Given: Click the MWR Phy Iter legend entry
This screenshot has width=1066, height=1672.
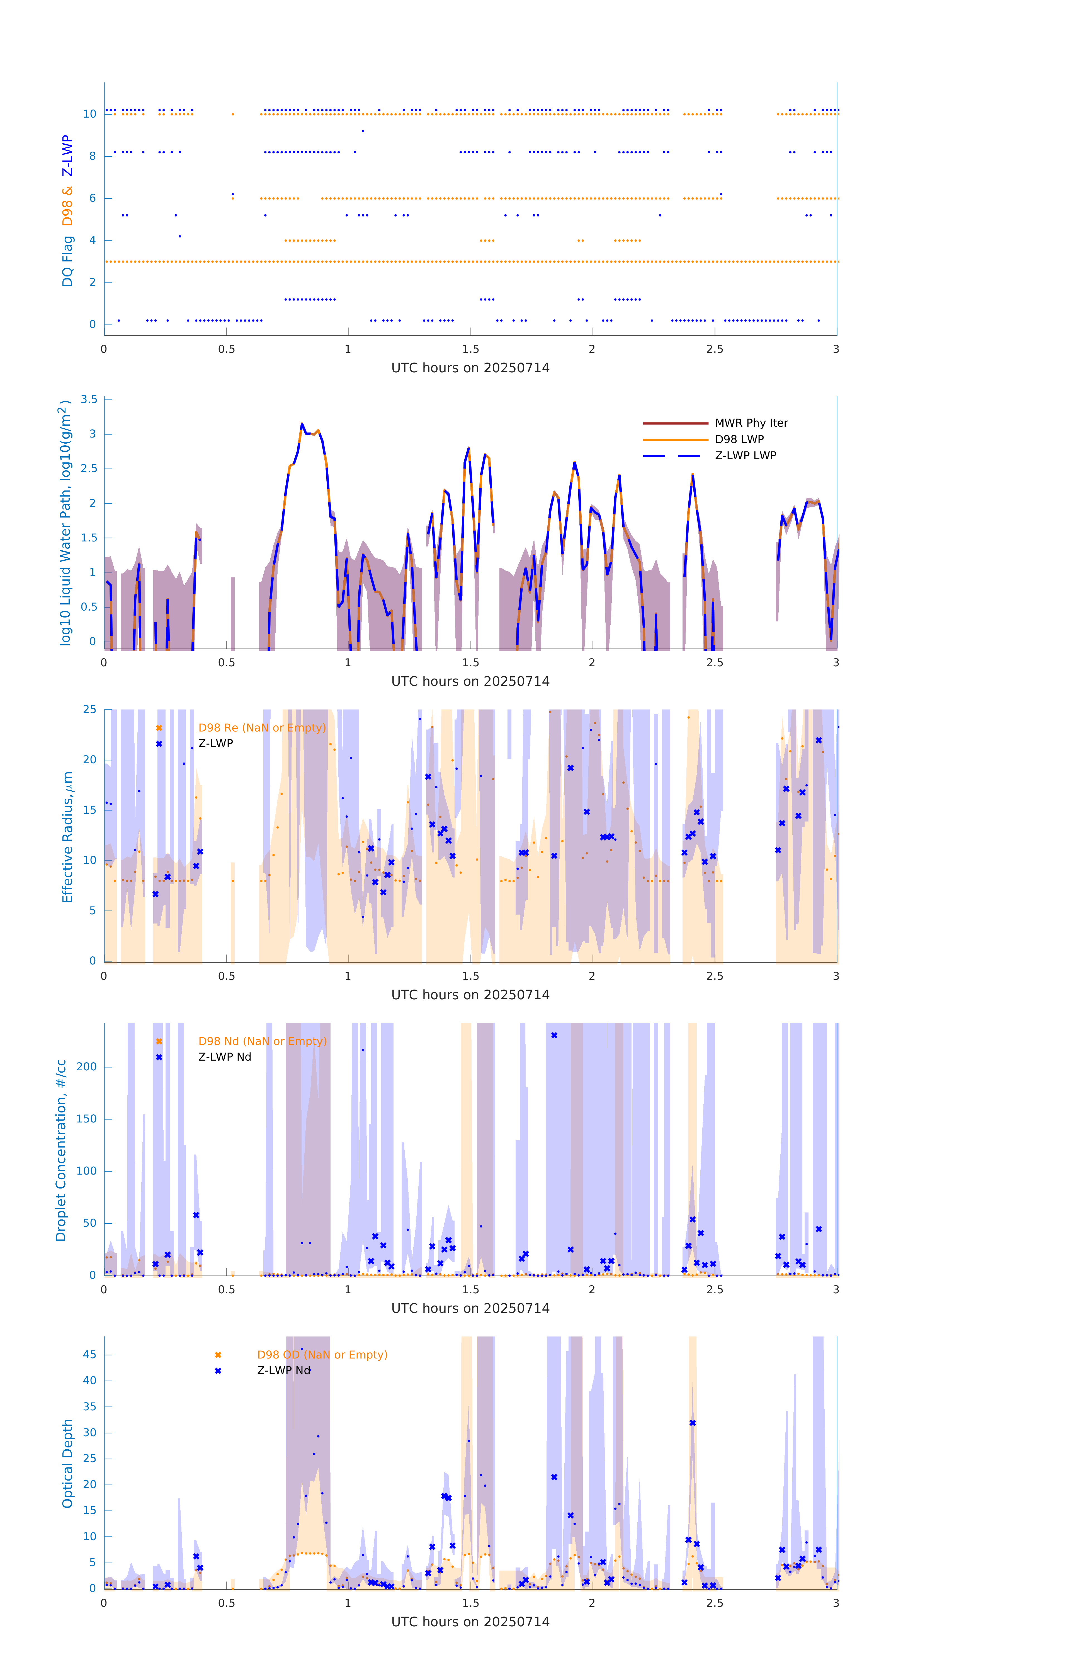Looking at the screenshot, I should [x=751, y=423].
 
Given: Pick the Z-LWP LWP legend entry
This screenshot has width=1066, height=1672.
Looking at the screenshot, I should [x=745, y=456].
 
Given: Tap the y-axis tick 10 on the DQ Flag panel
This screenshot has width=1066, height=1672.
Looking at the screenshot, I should [x=89, y=114].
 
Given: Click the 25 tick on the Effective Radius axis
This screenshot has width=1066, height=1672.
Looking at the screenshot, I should [x=89, y=710].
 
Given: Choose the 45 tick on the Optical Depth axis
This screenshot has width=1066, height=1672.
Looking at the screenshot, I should [x=89, y=1355].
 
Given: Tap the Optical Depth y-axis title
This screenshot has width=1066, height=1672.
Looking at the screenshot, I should [x=67, y=1464].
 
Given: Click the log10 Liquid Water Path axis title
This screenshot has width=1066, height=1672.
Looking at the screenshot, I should [x=65, y=523].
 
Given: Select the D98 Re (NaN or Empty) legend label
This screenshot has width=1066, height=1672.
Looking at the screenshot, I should [x=262, y=728].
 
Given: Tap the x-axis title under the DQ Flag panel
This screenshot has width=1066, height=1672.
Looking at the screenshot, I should [x=470, y=368].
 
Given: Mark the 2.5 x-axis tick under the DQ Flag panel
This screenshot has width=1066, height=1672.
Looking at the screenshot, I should [x=715, y=349].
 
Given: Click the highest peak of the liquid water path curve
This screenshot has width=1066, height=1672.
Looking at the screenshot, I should [x=302, y=424].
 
